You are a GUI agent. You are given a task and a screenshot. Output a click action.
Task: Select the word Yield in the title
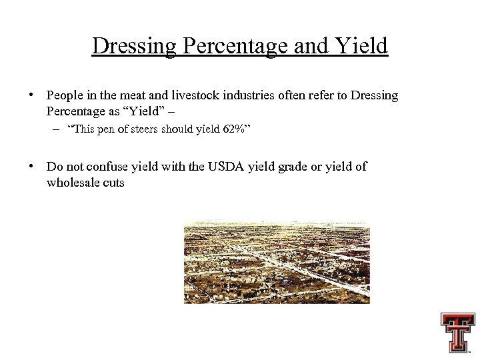coord(363,47)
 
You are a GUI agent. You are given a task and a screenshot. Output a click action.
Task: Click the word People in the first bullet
coord(64,95)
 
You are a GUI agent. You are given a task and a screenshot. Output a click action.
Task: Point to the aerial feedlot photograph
coord(277,263)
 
